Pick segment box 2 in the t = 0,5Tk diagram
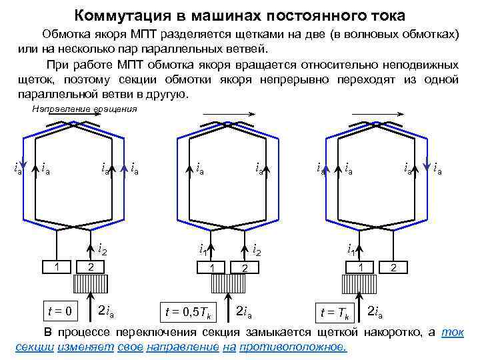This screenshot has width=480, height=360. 246,267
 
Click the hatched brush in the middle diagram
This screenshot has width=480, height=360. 229,284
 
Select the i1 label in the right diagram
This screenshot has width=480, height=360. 350,250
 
